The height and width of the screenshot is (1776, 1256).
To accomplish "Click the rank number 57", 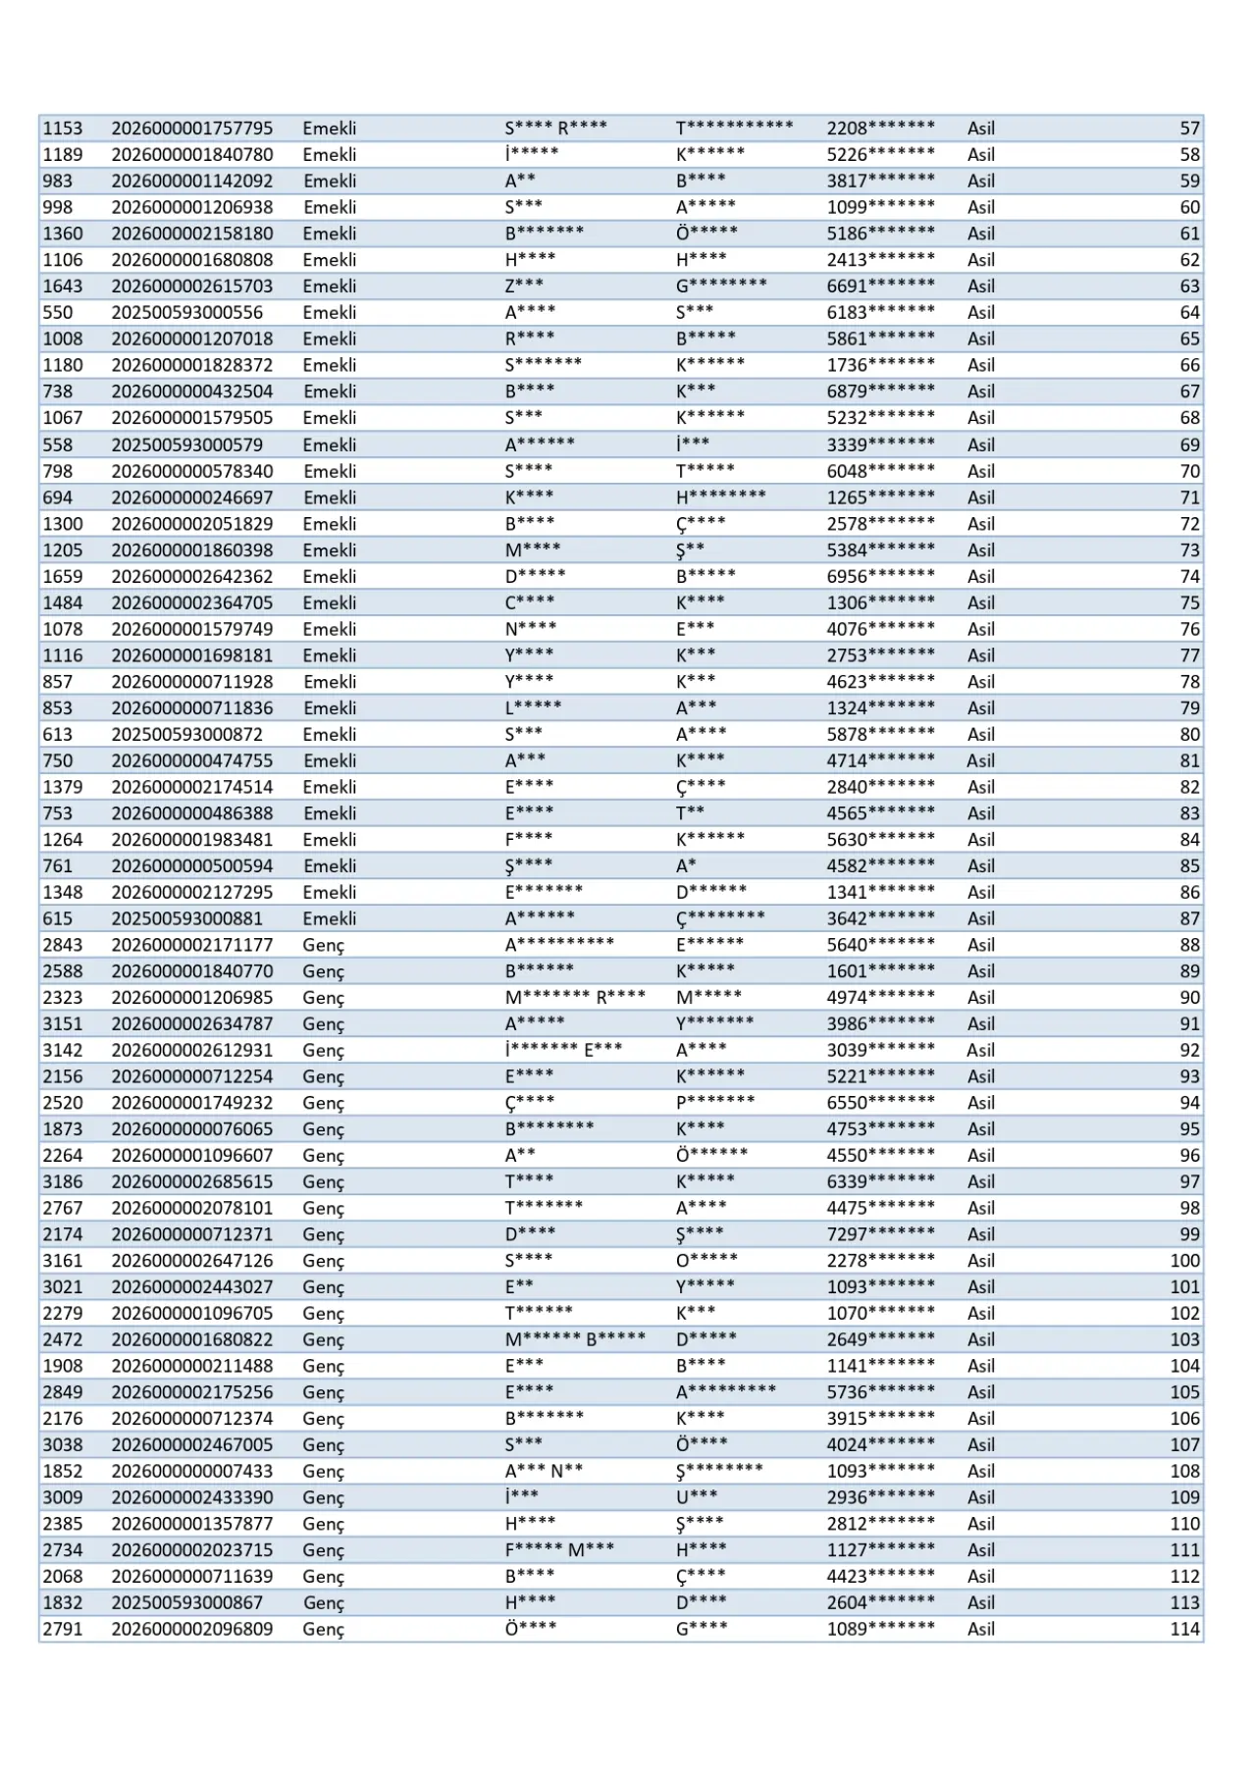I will coord(1189,129).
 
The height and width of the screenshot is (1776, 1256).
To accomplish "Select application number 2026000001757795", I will coord(192,129).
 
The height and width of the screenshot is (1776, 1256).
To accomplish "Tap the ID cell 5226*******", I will coord(880,155).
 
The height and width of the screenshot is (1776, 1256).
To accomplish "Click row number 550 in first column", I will coord(57,313).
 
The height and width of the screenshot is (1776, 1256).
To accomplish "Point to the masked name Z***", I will coord(524,287).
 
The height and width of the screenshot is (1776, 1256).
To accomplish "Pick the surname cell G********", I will coord(721,287).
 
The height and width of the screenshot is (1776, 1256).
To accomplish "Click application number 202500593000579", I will coord(186,444).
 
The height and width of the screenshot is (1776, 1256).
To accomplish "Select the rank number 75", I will coord(1189,602).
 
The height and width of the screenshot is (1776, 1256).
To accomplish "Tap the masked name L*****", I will coord(534,708).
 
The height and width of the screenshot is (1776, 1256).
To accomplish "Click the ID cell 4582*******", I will coord(880,866).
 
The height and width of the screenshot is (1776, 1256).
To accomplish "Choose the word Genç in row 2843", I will coord(323,945).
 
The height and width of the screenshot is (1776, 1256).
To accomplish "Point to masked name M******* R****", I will coord(575,998).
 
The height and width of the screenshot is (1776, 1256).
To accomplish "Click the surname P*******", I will coord(715,1103).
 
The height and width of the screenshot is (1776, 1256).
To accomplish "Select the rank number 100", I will coord(1184,1261).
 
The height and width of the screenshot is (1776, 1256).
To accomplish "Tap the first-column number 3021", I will coord(63,1287).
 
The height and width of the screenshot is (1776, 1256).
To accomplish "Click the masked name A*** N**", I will coord(544,1471).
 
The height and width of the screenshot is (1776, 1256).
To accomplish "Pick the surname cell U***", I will coord(697,1497).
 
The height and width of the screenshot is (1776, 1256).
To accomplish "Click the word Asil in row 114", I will coord(980,1629).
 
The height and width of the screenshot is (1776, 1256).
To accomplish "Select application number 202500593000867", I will coord(186,1602).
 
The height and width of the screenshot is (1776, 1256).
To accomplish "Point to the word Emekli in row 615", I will coord(329,918).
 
